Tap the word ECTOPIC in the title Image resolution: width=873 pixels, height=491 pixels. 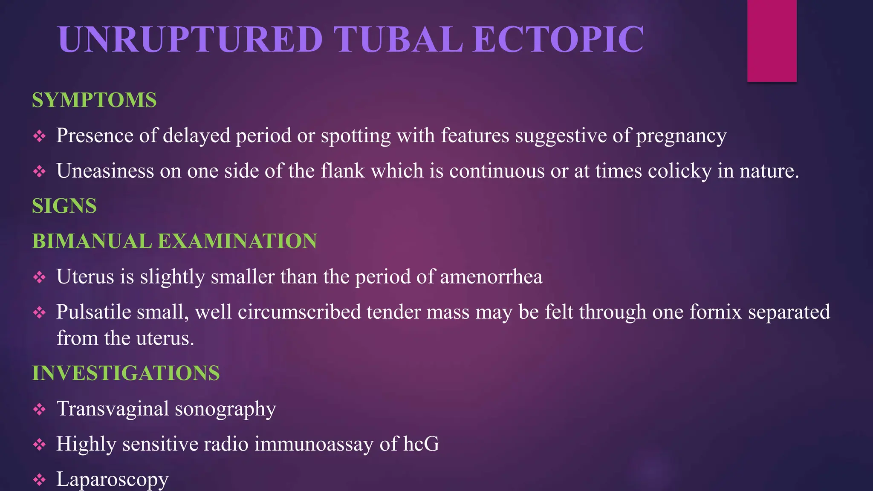[558, 39]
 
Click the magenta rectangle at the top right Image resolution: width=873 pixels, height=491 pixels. [772, 40]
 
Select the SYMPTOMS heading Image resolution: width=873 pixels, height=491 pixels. [94, 100]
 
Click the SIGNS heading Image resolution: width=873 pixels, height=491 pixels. [64, 206]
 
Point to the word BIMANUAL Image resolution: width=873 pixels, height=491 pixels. [92, 241]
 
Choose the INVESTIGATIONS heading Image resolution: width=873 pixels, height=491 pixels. [126, 373]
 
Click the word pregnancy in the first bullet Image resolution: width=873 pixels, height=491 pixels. [681, 136]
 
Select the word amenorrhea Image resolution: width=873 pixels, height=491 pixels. [491, 277]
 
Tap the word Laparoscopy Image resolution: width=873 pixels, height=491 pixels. [113, 479]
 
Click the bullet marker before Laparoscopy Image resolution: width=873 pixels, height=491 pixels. [39, 480]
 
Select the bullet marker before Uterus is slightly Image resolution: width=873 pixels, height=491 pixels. [39, 277]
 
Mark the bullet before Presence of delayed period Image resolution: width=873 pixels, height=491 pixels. [39, 136]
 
